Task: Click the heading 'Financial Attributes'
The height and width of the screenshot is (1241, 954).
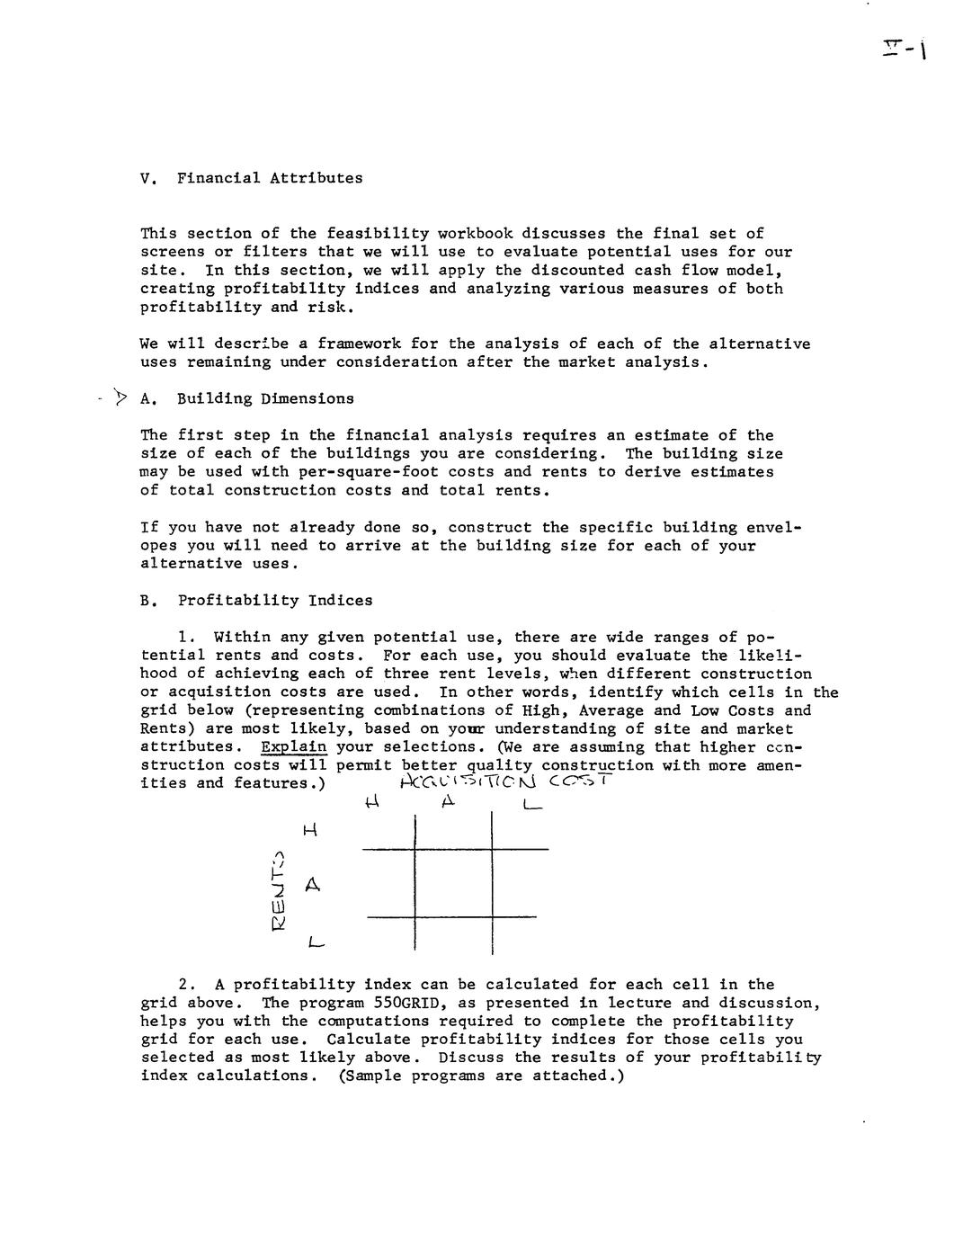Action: coord(270,178)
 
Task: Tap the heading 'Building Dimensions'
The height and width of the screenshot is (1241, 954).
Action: coord(265,398)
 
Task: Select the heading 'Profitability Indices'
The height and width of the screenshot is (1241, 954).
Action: coord(274,600)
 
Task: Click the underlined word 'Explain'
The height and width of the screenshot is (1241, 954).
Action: coord(293,746)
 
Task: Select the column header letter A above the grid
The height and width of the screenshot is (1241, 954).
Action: coord(449,802)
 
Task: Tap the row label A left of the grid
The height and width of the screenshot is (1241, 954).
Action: coord(312,885)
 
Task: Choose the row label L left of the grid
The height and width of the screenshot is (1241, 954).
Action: coord(314,943)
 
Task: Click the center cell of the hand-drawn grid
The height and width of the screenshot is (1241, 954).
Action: coord(453,883)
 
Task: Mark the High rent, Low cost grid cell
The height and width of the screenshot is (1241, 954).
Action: coord(520,830)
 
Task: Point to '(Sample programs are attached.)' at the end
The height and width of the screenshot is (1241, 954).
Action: coord(481,1076)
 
